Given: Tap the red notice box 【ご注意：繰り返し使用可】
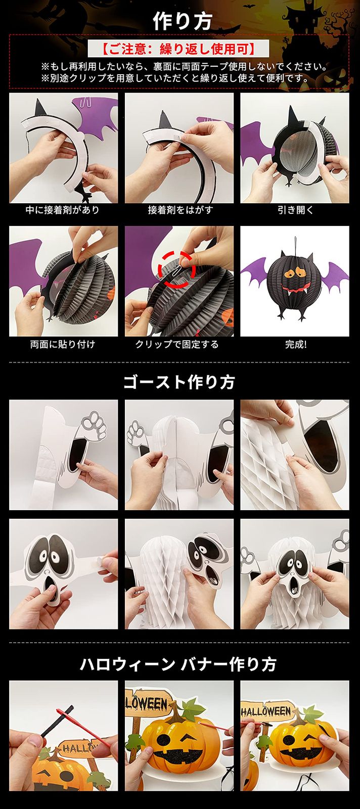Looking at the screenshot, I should pos(178,49).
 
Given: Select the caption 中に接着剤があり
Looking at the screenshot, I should pos(63,210).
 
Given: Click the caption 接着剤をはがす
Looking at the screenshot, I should pos(180,210).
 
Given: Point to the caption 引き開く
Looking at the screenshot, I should pos(295,210).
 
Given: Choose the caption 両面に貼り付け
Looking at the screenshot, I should pos(63,344).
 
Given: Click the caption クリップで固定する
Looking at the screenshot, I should pos(177,344).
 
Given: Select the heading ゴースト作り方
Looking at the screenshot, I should pos(179,382).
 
